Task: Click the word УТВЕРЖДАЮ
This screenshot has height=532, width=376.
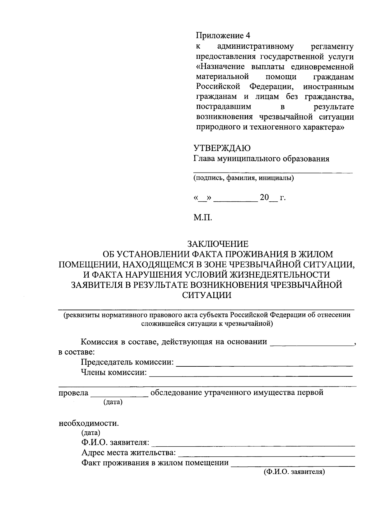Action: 222,148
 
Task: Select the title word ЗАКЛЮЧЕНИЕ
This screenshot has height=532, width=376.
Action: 218,244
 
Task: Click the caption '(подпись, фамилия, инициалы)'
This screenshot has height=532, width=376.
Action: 243,179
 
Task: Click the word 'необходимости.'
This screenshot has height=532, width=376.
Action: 89,423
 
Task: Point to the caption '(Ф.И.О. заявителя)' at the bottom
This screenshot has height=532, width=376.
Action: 294,472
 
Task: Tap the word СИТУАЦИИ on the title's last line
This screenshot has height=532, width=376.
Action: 207,295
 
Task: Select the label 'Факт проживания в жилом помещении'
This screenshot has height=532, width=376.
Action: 155,463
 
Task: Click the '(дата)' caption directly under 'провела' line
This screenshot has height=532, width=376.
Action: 113,402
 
